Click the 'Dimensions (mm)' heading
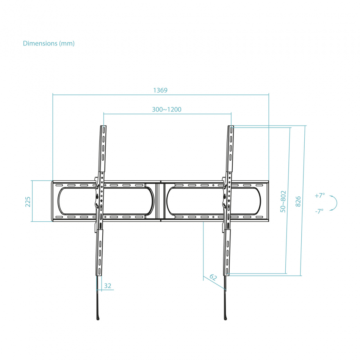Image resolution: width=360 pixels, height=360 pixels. coord(49,44)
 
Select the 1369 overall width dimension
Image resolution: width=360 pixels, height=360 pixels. coord(160,90)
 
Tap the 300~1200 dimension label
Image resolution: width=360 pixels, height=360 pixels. coord(167,110)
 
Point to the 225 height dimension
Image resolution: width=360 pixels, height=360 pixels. coord(28,202)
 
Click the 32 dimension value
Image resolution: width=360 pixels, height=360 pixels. coord(108,286)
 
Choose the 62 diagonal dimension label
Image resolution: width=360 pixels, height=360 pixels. coord(213,277)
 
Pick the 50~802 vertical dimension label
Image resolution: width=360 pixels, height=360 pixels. coord(283,201)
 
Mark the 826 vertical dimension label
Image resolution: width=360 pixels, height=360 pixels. coord(298,201)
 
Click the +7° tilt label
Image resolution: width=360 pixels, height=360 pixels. coord(319,196)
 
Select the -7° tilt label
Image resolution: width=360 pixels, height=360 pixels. coord(319,211)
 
